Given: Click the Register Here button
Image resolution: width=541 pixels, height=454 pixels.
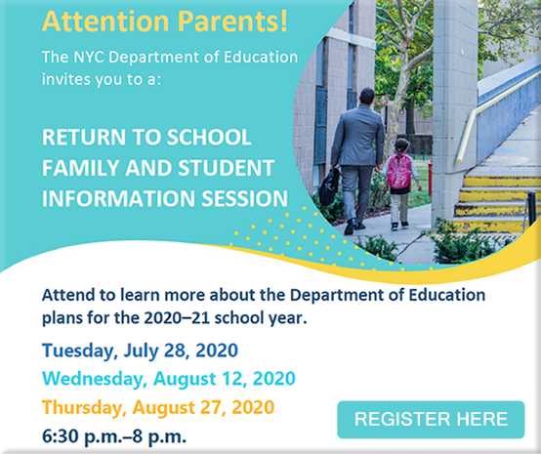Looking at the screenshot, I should (431, 419).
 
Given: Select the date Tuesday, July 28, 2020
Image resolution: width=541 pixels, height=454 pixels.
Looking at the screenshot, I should (139, 350).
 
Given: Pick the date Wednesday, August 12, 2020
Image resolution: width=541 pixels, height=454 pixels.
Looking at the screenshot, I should (168, 378).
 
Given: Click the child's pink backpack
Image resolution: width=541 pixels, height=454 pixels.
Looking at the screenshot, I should (399, 173).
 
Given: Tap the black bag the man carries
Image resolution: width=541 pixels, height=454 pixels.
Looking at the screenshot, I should (331, 185).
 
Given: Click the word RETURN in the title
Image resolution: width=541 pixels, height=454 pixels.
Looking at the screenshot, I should (79, 136).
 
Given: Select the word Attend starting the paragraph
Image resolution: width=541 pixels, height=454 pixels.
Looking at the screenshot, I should (69, 294).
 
